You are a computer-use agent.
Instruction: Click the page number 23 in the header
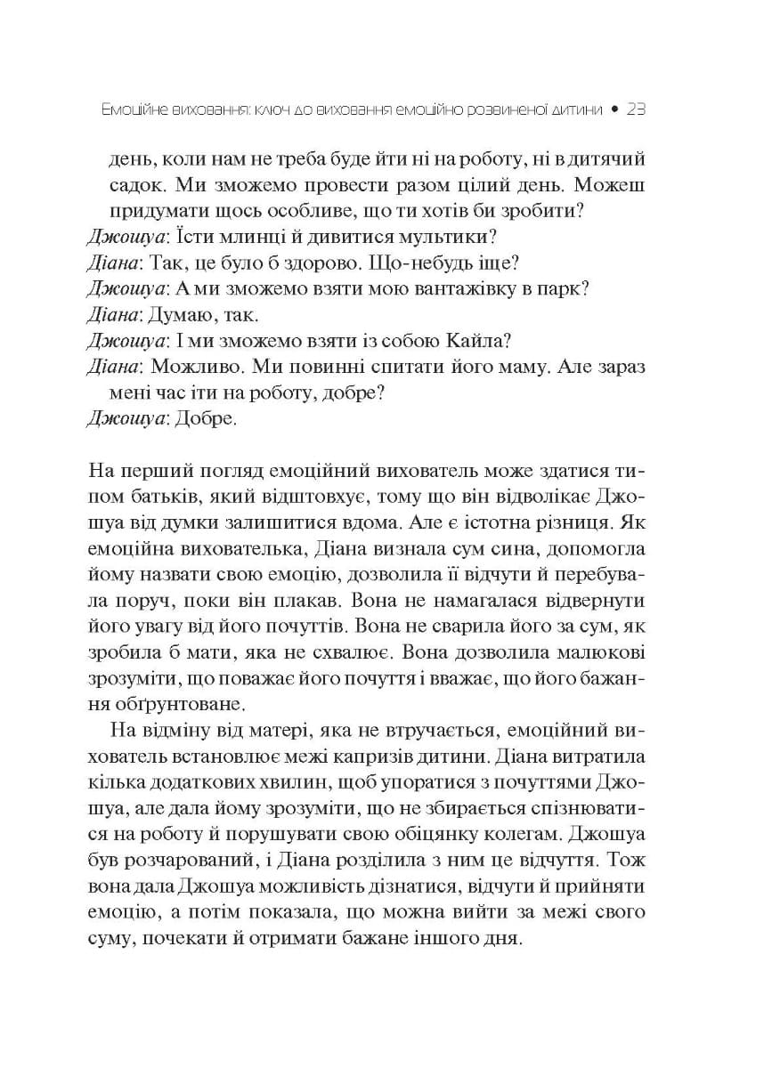click(x=635, y=110)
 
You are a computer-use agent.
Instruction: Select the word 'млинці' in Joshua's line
click(x=240, y=238)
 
